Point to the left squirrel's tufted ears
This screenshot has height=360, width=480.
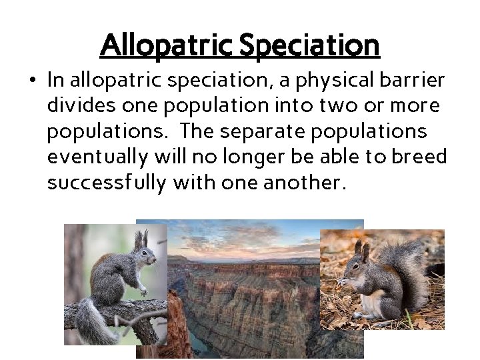click(141, 239)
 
